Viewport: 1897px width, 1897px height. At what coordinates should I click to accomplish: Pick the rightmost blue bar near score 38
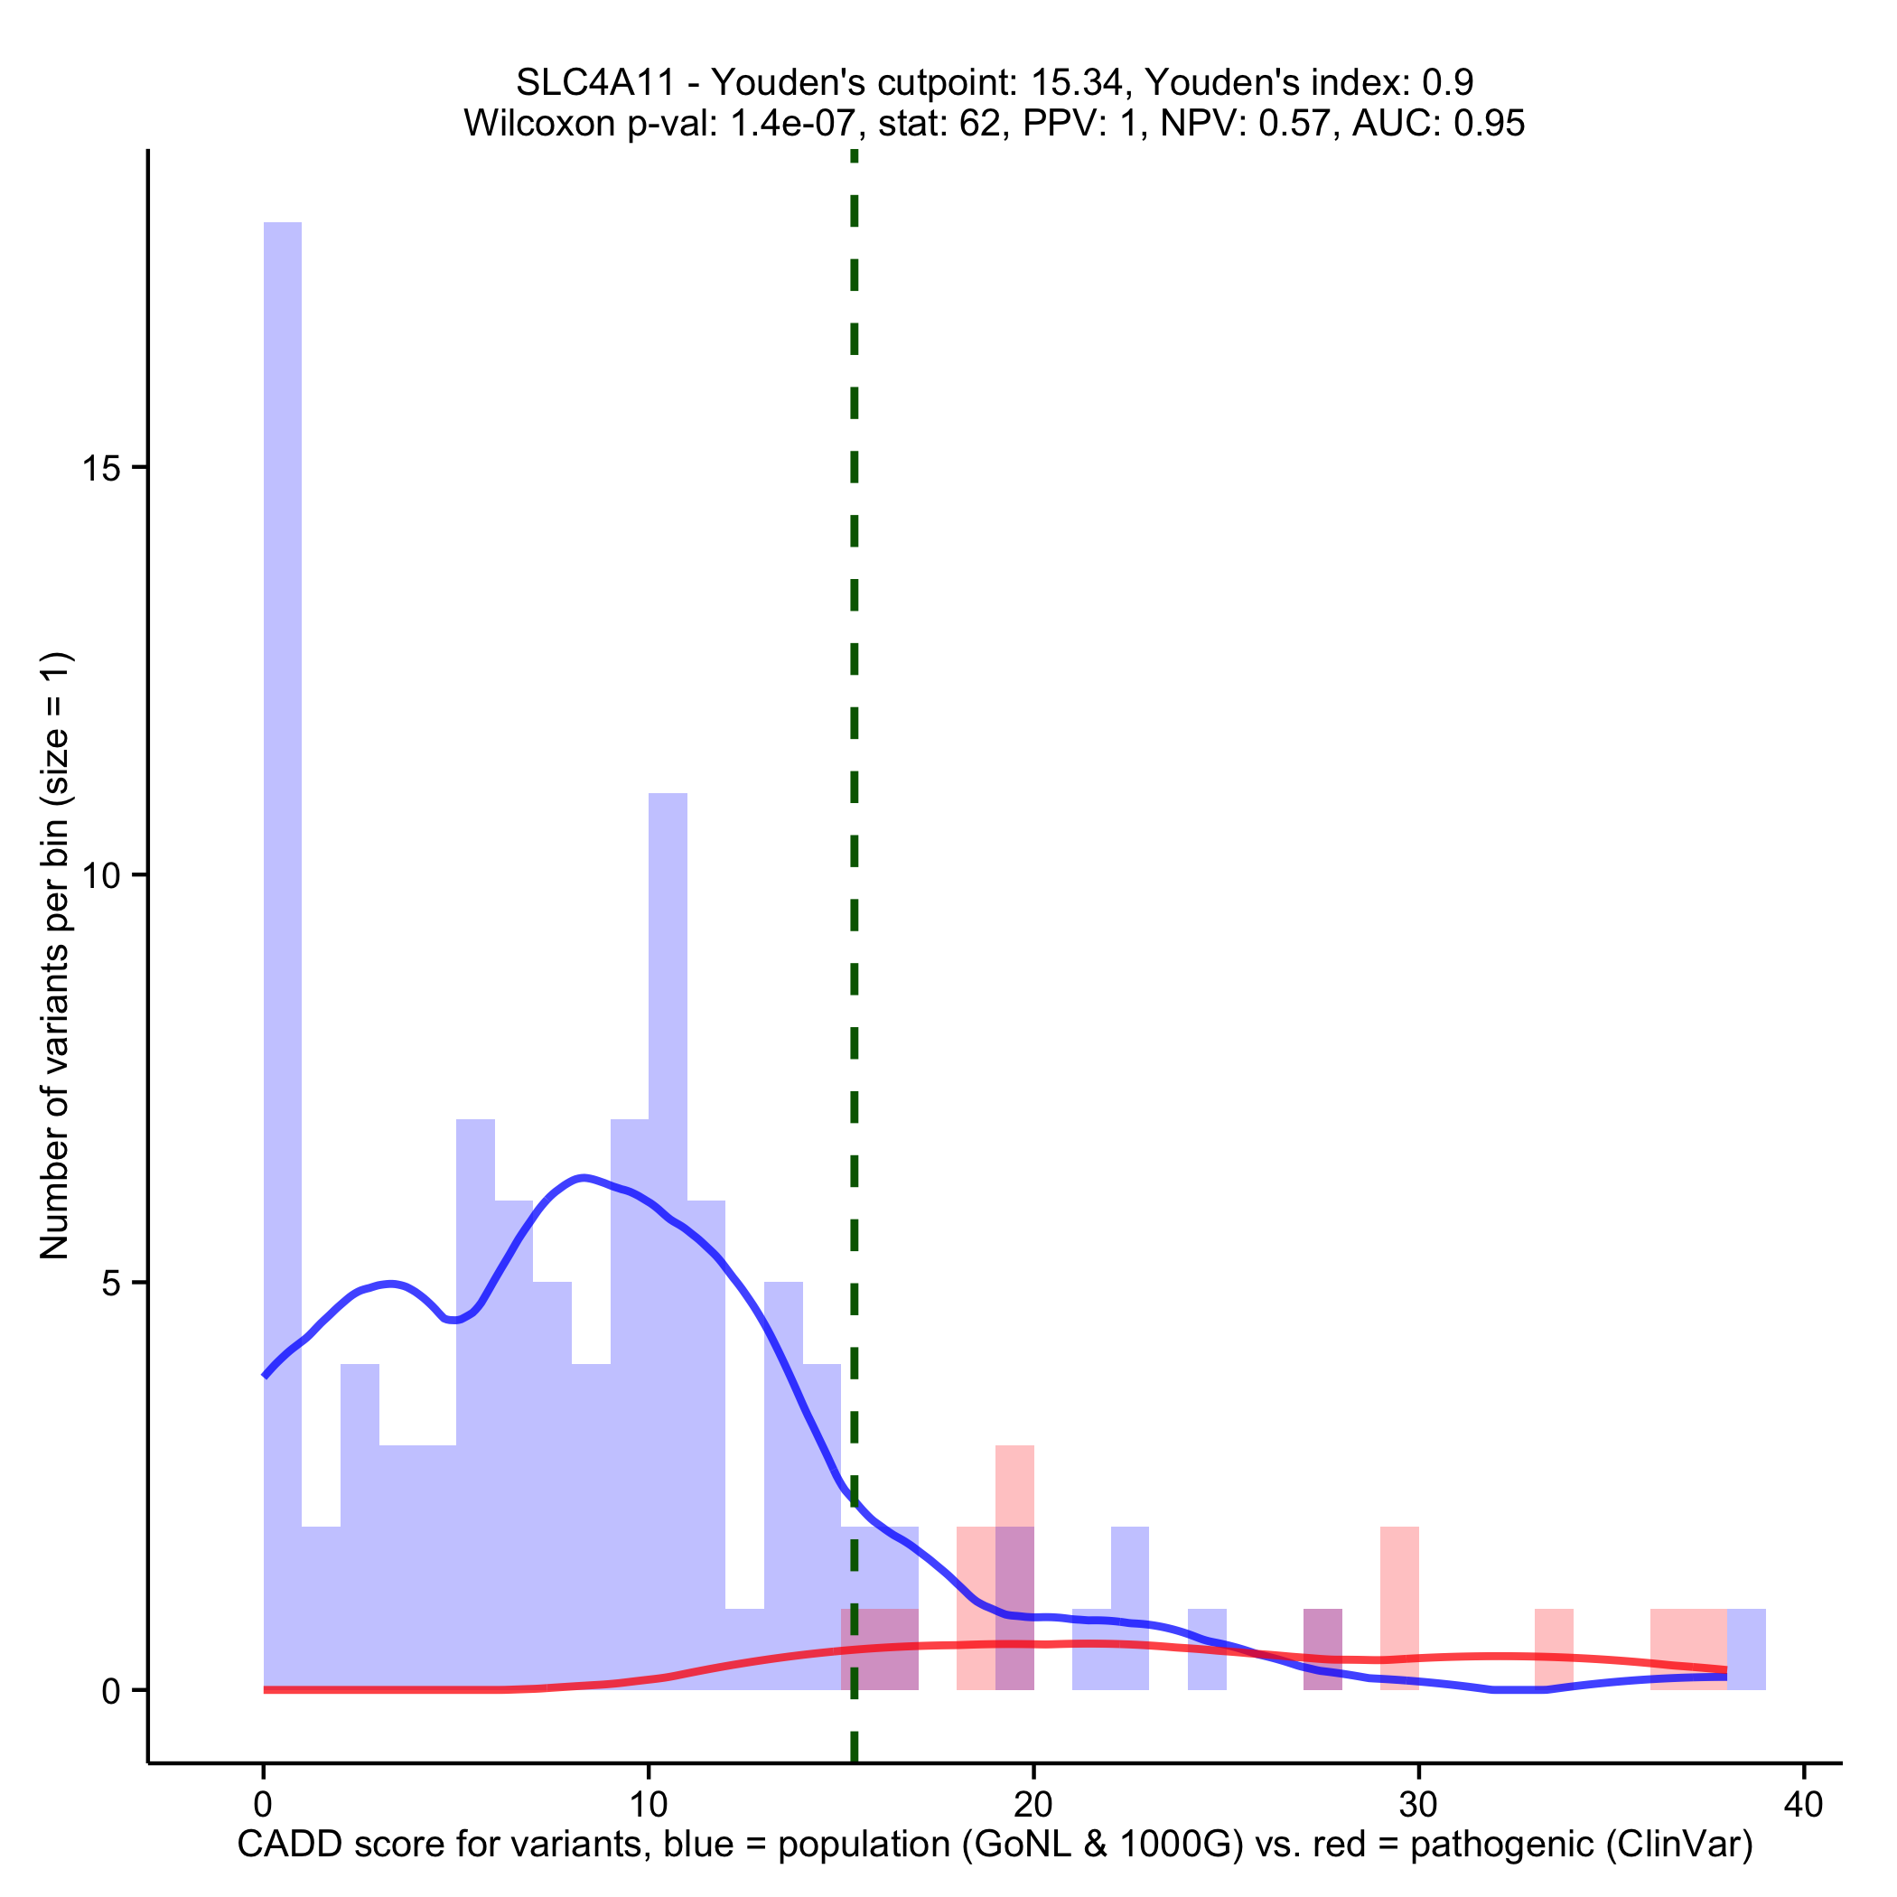click(x=1746, y=1649)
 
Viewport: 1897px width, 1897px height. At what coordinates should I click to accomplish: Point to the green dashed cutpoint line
click(x=855, y=786)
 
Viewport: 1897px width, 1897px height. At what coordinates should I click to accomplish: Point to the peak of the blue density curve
click(x=584, y=1177)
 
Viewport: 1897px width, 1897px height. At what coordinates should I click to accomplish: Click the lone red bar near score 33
click(x=1554, y=1649)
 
